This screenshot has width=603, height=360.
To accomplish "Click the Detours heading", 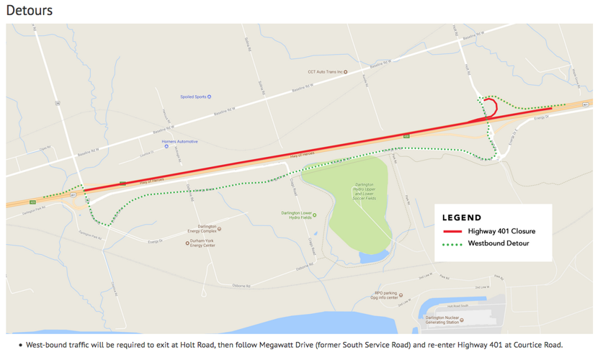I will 30,11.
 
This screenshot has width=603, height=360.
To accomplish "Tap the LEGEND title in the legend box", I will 462,217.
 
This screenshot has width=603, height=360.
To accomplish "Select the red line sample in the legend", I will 452,231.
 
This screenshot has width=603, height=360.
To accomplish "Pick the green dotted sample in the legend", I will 452,244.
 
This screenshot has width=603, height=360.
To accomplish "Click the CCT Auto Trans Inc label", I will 325,72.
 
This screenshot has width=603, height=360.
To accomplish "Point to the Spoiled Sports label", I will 193,96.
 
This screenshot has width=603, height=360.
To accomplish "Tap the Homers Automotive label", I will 179,142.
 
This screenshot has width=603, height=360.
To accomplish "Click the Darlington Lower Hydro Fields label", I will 296,215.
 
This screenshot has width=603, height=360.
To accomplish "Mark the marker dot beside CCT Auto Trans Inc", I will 346,72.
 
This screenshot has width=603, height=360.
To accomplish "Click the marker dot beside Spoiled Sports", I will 210,96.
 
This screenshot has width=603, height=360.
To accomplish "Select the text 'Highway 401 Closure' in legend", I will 501,231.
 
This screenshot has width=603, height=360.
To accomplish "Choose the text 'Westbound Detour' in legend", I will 499,244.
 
